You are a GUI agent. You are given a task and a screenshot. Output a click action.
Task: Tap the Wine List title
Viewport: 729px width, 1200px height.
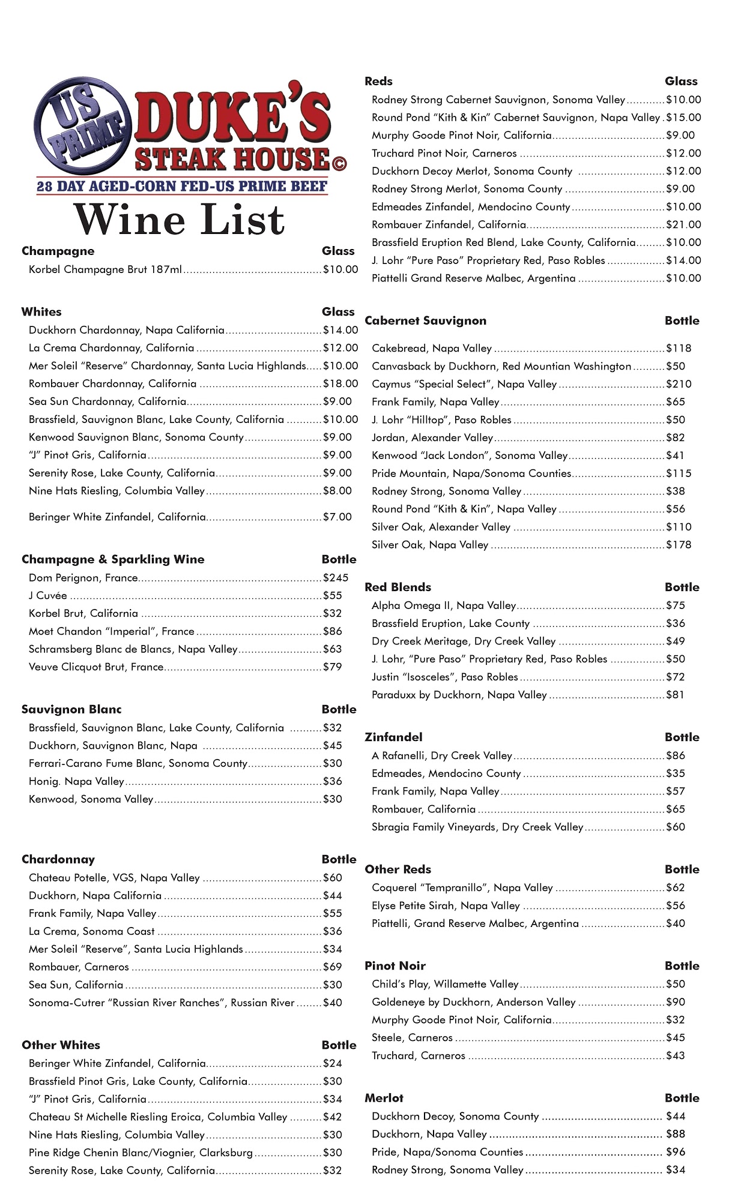point(180,220)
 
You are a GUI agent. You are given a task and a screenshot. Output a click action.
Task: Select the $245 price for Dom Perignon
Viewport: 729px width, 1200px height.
point(336,578)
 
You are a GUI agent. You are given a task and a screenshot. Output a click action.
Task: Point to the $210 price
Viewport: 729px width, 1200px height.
point(679,384)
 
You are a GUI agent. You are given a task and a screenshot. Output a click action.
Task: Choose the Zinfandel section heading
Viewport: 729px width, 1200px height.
point(393,737)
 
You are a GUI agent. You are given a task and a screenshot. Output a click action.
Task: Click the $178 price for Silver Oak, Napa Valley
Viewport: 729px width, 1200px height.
point(679,545)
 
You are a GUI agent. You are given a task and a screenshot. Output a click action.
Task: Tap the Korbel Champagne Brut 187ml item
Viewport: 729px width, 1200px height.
point(105,269)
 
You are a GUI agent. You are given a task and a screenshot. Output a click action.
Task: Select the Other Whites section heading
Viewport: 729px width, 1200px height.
point(61,1045)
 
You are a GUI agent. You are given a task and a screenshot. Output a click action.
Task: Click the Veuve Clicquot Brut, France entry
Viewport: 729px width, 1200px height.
point(96,667)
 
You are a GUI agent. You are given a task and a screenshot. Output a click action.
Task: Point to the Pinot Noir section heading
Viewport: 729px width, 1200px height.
point(395,965)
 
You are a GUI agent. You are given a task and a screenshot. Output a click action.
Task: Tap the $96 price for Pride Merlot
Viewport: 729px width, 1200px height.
point(676,1151)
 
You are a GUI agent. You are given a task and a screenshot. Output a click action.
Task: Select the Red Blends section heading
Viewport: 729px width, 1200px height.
point(398,587)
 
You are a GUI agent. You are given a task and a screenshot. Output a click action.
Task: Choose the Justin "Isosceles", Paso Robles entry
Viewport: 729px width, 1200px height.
point(444,677)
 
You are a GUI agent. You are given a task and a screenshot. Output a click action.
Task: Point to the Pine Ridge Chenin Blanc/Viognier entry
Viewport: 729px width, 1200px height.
point(141,1152)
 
